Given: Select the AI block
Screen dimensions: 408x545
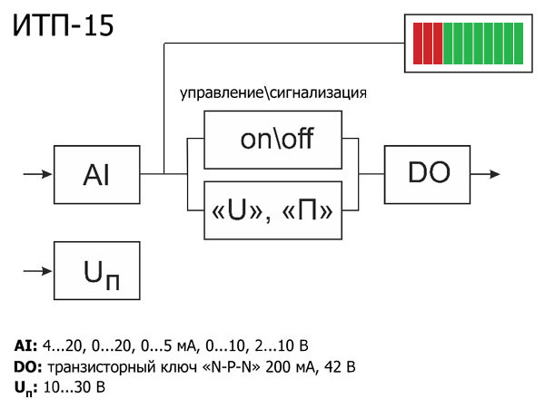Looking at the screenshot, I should coord(97,174).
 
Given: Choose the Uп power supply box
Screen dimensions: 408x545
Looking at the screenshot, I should coord(97,271).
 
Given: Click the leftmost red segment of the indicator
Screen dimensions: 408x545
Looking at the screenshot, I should coord(418,43).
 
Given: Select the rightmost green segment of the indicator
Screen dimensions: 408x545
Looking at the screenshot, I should coord(518,43).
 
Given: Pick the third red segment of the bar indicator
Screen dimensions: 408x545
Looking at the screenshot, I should coord(438,43).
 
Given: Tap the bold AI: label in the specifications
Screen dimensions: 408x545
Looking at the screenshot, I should coord(25,345).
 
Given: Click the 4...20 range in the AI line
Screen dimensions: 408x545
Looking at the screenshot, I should coord(61,345).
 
